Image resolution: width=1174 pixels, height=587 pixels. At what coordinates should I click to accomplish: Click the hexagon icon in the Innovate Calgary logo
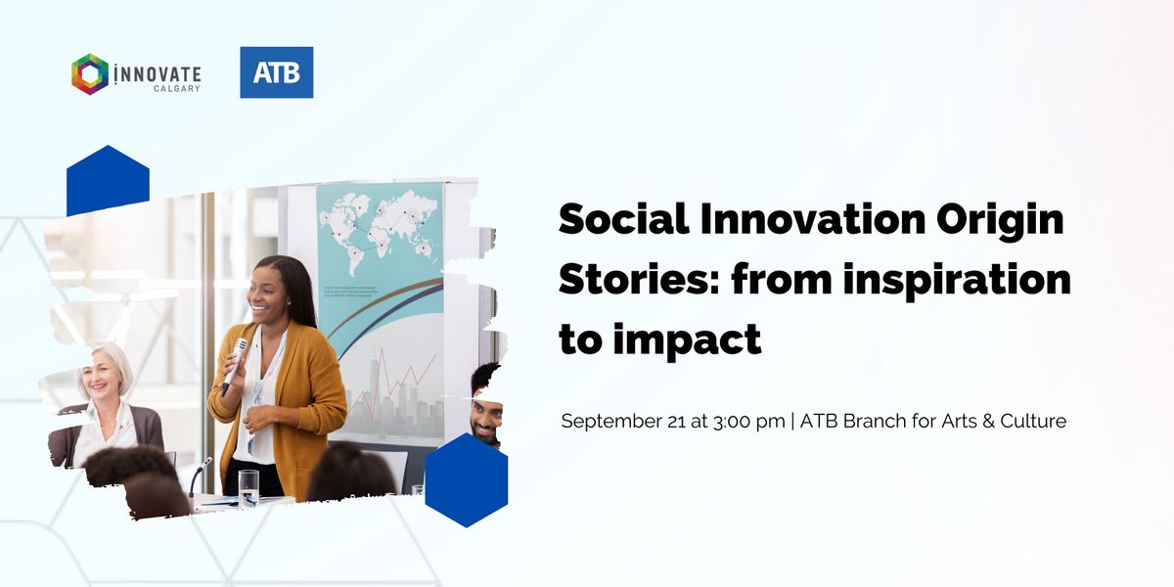(x=90, y=74)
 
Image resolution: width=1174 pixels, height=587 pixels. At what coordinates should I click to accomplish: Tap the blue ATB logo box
(x=277, y=72)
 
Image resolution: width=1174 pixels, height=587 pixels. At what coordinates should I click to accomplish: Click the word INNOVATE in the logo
(x=158, y=73)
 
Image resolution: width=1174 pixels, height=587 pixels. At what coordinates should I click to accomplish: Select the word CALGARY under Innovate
(x=177, y=89)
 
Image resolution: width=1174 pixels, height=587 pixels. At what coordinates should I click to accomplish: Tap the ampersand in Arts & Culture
(x=993, y=422)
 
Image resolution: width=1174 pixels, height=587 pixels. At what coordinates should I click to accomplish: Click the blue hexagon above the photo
(x=108, y=181)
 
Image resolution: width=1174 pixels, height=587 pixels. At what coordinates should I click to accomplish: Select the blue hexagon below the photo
(x=467, y=480)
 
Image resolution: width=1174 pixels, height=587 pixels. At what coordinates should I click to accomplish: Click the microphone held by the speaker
(x=236, y=363)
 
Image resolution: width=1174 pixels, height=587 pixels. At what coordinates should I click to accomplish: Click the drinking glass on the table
(x=248, y=487)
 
